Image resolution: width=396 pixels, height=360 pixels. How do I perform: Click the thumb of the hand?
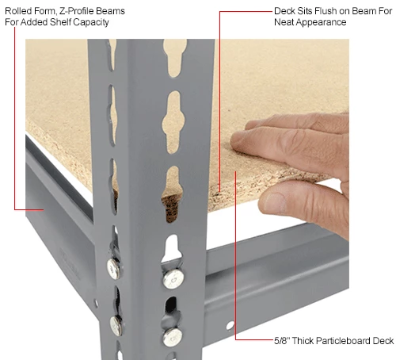[x=305, y=202]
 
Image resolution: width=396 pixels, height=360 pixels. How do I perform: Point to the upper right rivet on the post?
[x=172, y=278]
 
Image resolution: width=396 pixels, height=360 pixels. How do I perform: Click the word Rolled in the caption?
[x=17, y=11]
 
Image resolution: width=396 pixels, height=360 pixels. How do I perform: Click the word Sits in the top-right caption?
[x=290, y=11]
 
